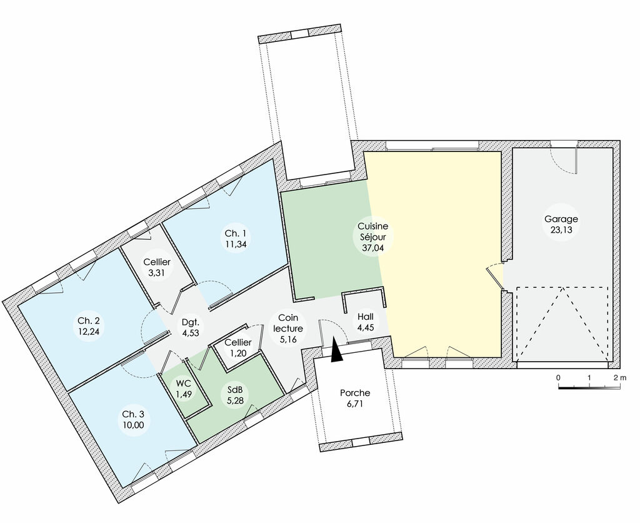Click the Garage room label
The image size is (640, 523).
click(x=561, y=219)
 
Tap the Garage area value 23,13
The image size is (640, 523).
click(x=561, y=230)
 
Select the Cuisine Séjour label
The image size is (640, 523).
click(x=372, y=231)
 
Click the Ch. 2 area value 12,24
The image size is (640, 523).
click(x=89, y=332)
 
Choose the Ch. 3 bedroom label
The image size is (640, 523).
click(x=132, y=414)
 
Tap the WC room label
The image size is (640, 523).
click(x=183, y=383)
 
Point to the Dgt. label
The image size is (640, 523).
click(x=190, y=323)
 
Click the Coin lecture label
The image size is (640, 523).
click(x=288, y=323)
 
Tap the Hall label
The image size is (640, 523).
click(x=366, y=317)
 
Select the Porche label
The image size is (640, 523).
click(x=354, y=393)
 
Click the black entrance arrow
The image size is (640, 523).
click(x=336, y=350)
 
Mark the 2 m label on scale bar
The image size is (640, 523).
click(x=619, y=378)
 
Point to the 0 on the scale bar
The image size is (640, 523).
click(x=557, y=378)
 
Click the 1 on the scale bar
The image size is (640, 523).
click(x=589, y=378)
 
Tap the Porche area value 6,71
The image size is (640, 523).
click(x=354, y=404)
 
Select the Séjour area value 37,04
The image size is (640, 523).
click(x=372, y=247)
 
